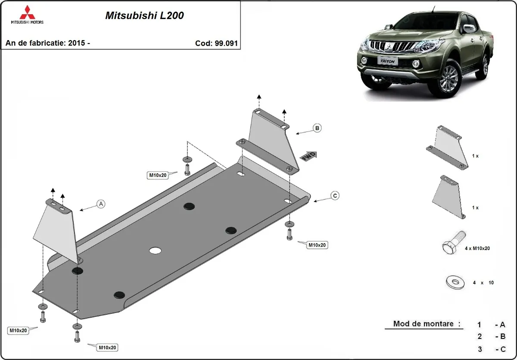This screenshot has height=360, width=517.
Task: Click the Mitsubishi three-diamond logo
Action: [x=26, y=13]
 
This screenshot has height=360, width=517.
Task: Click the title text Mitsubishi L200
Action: [x=144, y=16]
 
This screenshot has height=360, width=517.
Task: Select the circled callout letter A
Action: [x=101, y=204]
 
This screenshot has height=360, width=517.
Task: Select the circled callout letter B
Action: [x=317, y=128]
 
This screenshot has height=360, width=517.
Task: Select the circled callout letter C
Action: [x=335, y=196]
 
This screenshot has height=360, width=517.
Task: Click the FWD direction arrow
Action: [x=309, y=156]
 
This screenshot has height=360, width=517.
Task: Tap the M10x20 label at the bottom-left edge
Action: [x=19, y=331]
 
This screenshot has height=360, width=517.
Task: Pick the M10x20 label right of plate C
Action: [x=317, y=245]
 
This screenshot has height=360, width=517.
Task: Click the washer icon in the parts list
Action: [x=454, y=282]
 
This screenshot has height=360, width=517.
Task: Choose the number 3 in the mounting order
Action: [x=480, y=349]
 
